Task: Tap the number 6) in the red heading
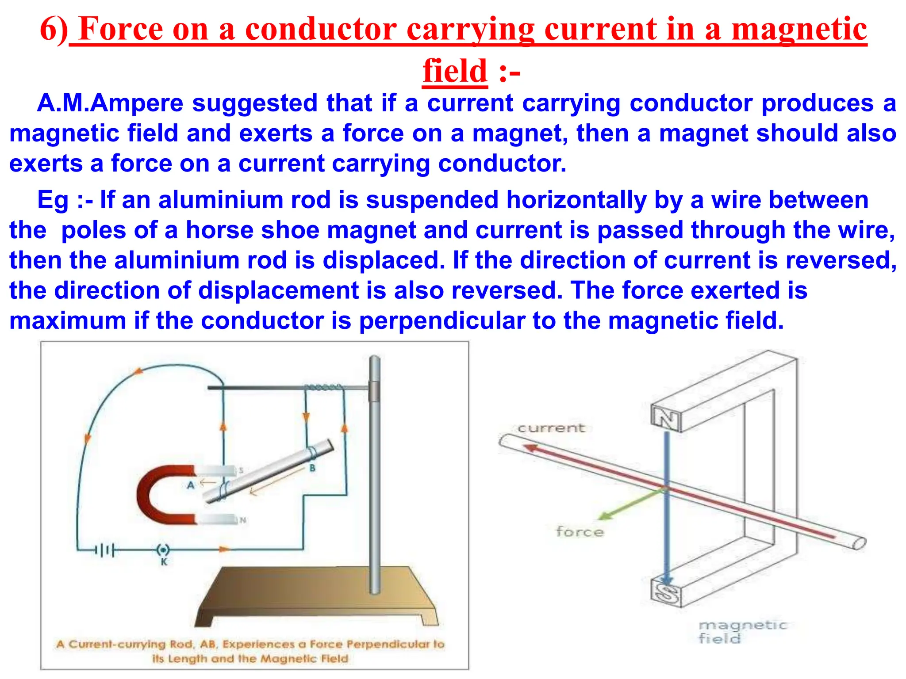(x=54, y=29)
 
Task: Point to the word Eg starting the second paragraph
(x=53, y=200)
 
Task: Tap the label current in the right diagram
(x=551, y=428)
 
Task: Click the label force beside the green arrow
(x=580, y=531)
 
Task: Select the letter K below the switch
(x=164, y=562)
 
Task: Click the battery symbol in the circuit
(x=104, y=550)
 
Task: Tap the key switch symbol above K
(x=163, y=550)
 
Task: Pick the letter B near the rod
(x=312, y=468)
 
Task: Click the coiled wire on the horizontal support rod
(x=323, y=387)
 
